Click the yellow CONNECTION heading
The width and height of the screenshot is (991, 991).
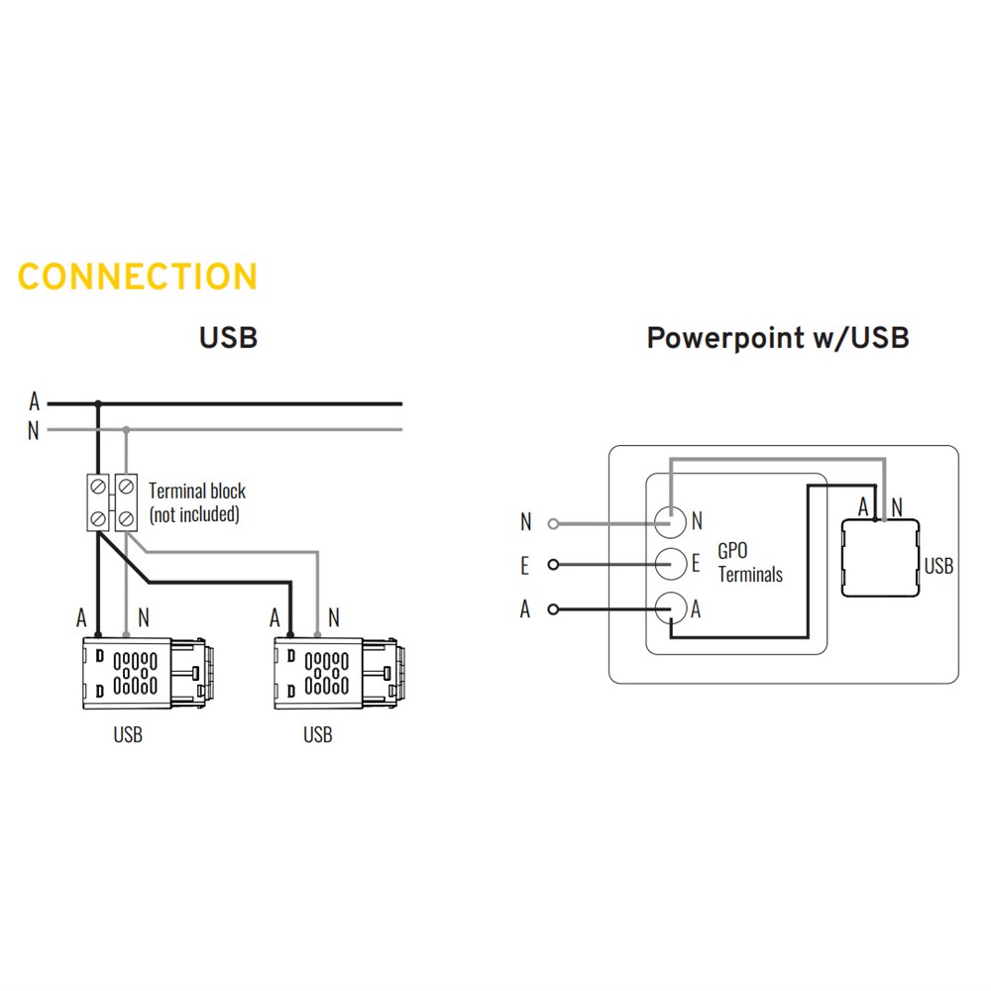[138, 276]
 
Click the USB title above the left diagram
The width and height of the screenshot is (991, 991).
[228, 337]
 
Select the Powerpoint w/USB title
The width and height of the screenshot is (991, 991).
[778, 337]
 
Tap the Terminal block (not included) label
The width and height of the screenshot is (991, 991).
[196, 501]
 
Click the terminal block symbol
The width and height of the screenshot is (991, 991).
[112, 502]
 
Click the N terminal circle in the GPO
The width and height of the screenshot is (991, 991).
[671, 519]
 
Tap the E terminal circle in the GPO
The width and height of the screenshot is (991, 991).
[671, 563]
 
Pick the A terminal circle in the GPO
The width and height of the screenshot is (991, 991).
[671, 606]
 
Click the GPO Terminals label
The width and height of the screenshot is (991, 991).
[750, 563]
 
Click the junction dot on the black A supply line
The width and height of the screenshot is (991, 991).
[98, 403]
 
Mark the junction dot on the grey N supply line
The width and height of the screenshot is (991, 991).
[126, 430]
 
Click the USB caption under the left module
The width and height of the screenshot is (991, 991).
[128, 735]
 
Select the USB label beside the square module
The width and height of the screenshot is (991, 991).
[938, 566]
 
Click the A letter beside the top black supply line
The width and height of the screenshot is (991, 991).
[34, 402]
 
